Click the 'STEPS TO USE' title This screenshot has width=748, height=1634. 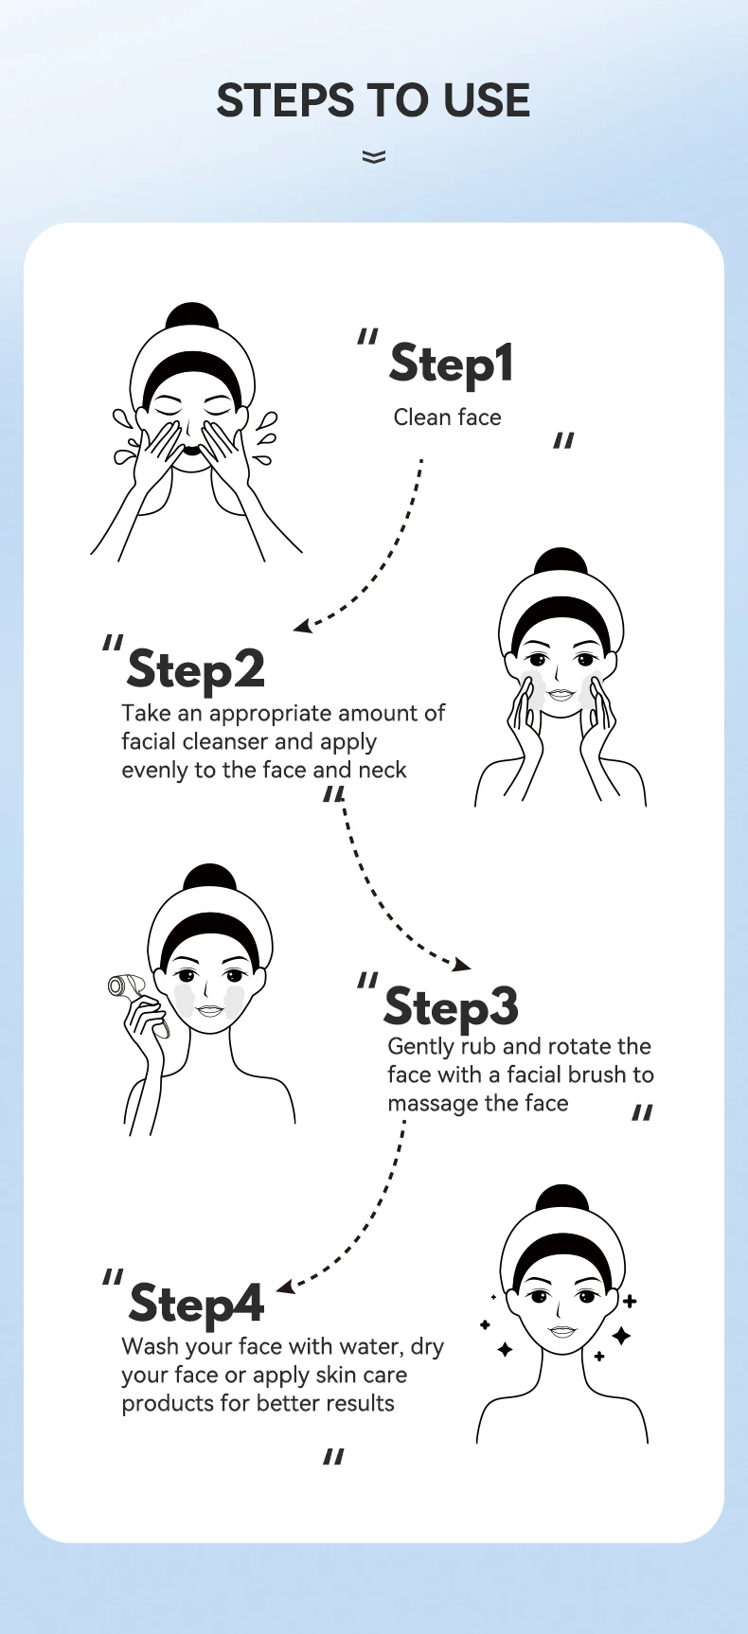[373, 100]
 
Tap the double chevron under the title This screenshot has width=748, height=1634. [374, 157]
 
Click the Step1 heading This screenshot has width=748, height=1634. [452, 364]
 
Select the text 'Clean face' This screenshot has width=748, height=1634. [447, 417]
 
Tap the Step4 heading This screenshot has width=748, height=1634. [196, 1305]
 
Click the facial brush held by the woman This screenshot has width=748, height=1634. [132, 993]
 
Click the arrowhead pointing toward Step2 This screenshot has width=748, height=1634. [302, 626]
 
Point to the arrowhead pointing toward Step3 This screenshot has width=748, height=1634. [462, 964]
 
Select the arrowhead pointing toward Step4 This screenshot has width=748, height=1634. [285, 1287]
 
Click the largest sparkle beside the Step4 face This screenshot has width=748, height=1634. [621, 1336]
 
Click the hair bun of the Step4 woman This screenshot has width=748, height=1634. [561, 1199]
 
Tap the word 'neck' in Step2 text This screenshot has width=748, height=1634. [383, 771]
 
